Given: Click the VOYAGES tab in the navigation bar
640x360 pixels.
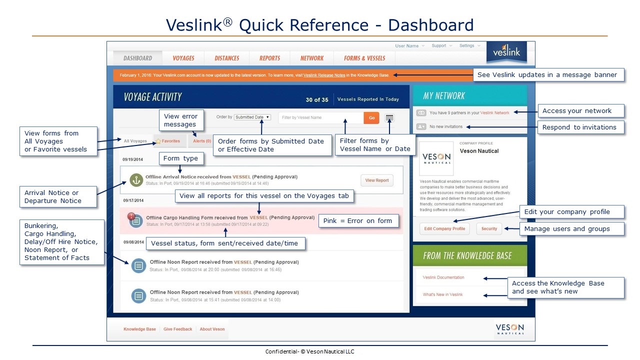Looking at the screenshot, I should click(183, 58).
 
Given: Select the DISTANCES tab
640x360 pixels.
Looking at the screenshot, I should click(227, 58).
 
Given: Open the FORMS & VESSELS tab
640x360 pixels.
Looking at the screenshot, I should click(364, 58).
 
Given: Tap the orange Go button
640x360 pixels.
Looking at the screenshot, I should click(371, 117).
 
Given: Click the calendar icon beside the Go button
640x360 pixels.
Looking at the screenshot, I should click(389, 118).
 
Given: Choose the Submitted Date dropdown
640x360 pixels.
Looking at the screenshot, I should click(252, 117).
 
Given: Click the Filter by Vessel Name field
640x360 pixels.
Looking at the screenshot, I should click(320, 117).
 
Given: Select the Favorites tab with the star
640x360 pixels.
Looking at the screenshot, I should click(168, 141).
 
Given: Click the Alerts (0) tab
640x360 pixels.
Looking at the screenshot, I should click(201, 141).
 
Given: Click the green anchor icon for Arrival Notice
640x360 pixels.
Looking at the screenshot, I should click(137, 180).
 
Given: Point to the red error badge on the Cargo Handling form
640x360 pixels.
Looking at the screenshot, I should click(131, 216).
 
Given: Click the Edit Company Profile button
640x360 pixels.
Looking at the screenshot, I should click(444, 228).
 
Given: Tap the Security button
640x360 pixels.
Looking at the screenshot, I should click(489, 228).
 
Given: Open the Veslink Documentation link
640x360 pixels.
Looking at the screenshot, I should click(443, 277).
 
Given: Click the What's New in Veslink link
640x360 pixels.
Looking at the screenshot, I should click(442, 294).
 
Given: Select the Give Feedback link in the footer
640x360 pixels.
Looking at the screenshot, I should click(177, 329).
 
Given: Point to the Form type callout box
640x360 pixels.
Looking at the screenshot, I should click(180, 159).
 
